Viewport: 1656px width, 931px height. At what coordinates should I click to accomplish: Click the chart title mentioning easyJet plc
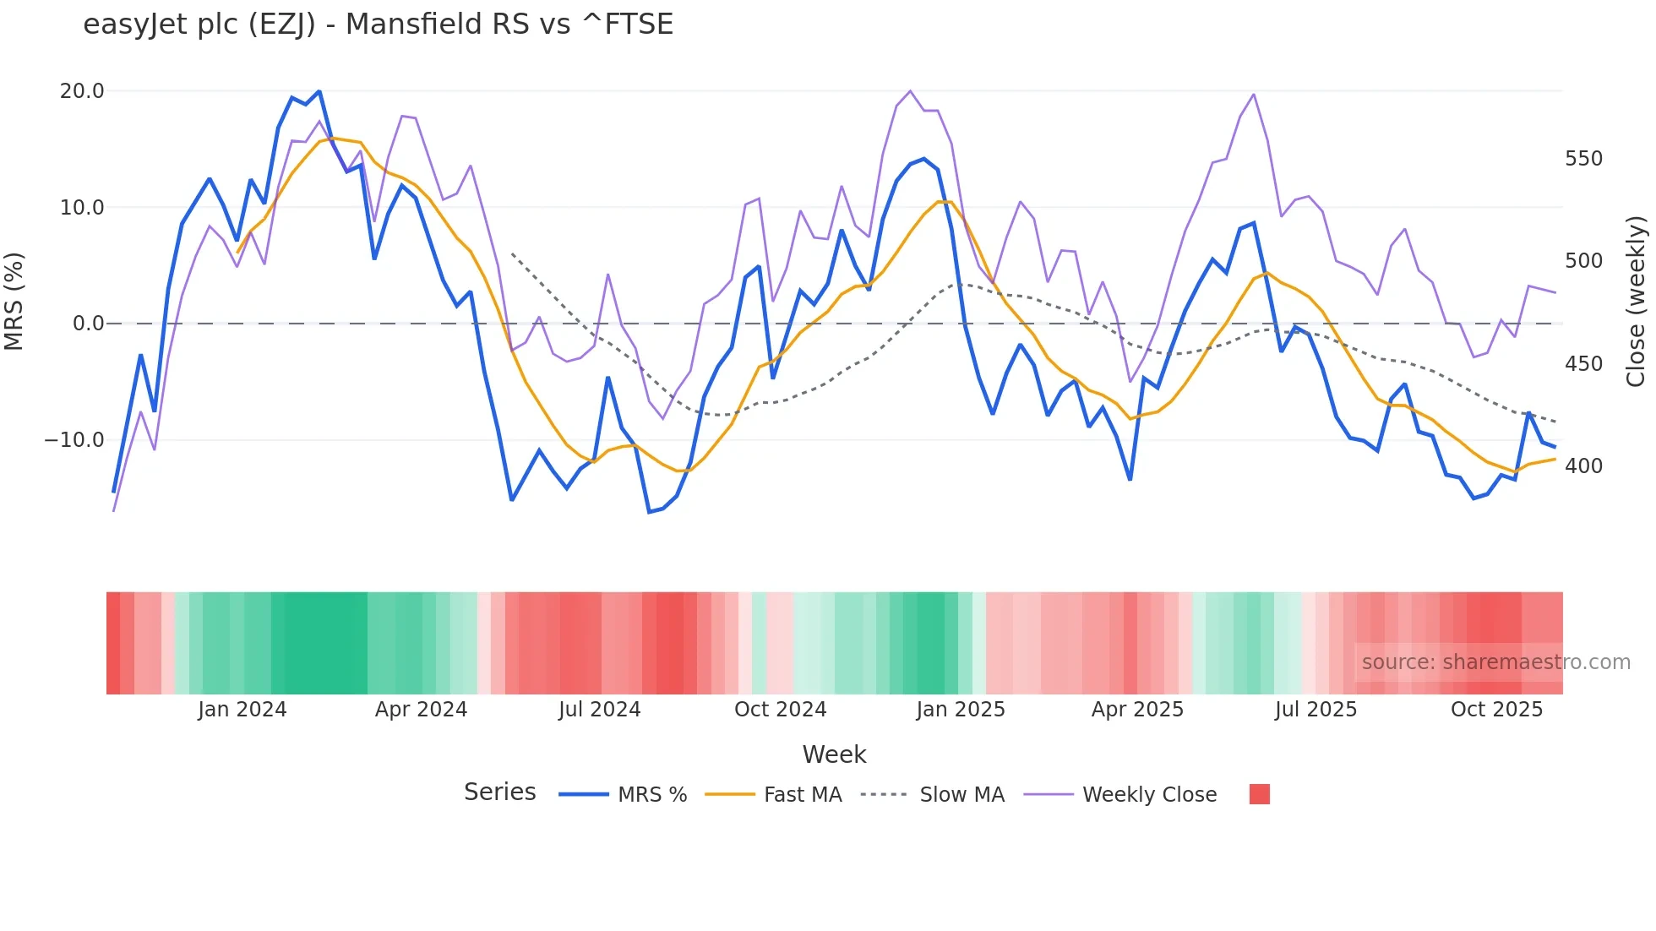point(378,24)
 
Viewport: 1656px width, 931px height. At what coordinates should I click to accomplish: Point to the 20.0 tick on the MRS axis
point(82,91)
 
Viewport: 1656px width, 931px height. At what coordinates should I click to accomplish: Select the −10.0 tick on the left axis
point(74,440)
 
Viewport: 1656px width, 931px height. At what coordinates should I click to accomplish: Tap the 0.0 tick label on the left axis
point(88,324)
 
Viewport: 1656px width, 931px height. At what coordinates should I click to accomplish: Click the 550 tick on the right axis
point(1583,159)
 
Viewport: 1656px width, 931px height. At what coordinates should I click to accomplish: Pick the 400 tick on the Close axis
point(1583,466)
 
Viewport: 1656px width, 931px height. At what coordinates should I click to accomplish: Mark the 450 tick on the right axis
point(1583,364)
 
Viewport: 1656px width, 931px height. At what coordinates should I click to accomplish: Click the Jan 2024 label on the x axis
point(242,710)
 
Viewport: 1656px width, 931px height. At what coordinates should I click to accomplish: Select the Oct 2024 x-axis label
point(780,710)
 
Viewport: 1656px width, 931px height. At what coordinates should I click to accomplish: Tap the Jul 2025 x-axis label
point(1316,710)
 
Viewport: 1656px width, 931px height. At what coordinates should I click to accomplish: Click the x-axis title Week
point(834,754)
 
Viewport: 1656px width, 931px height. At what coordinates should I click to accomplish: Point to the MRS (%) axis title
point(14,302)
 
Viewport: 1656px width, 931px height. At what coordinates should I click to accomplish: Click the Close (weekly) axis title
point(1636,302)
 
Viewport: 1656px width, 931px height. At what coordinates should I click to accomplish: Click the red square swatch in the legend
point(1259,794)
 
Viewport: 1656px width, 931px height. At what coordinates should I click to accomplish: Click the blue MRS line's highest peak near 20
point(319,91)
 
